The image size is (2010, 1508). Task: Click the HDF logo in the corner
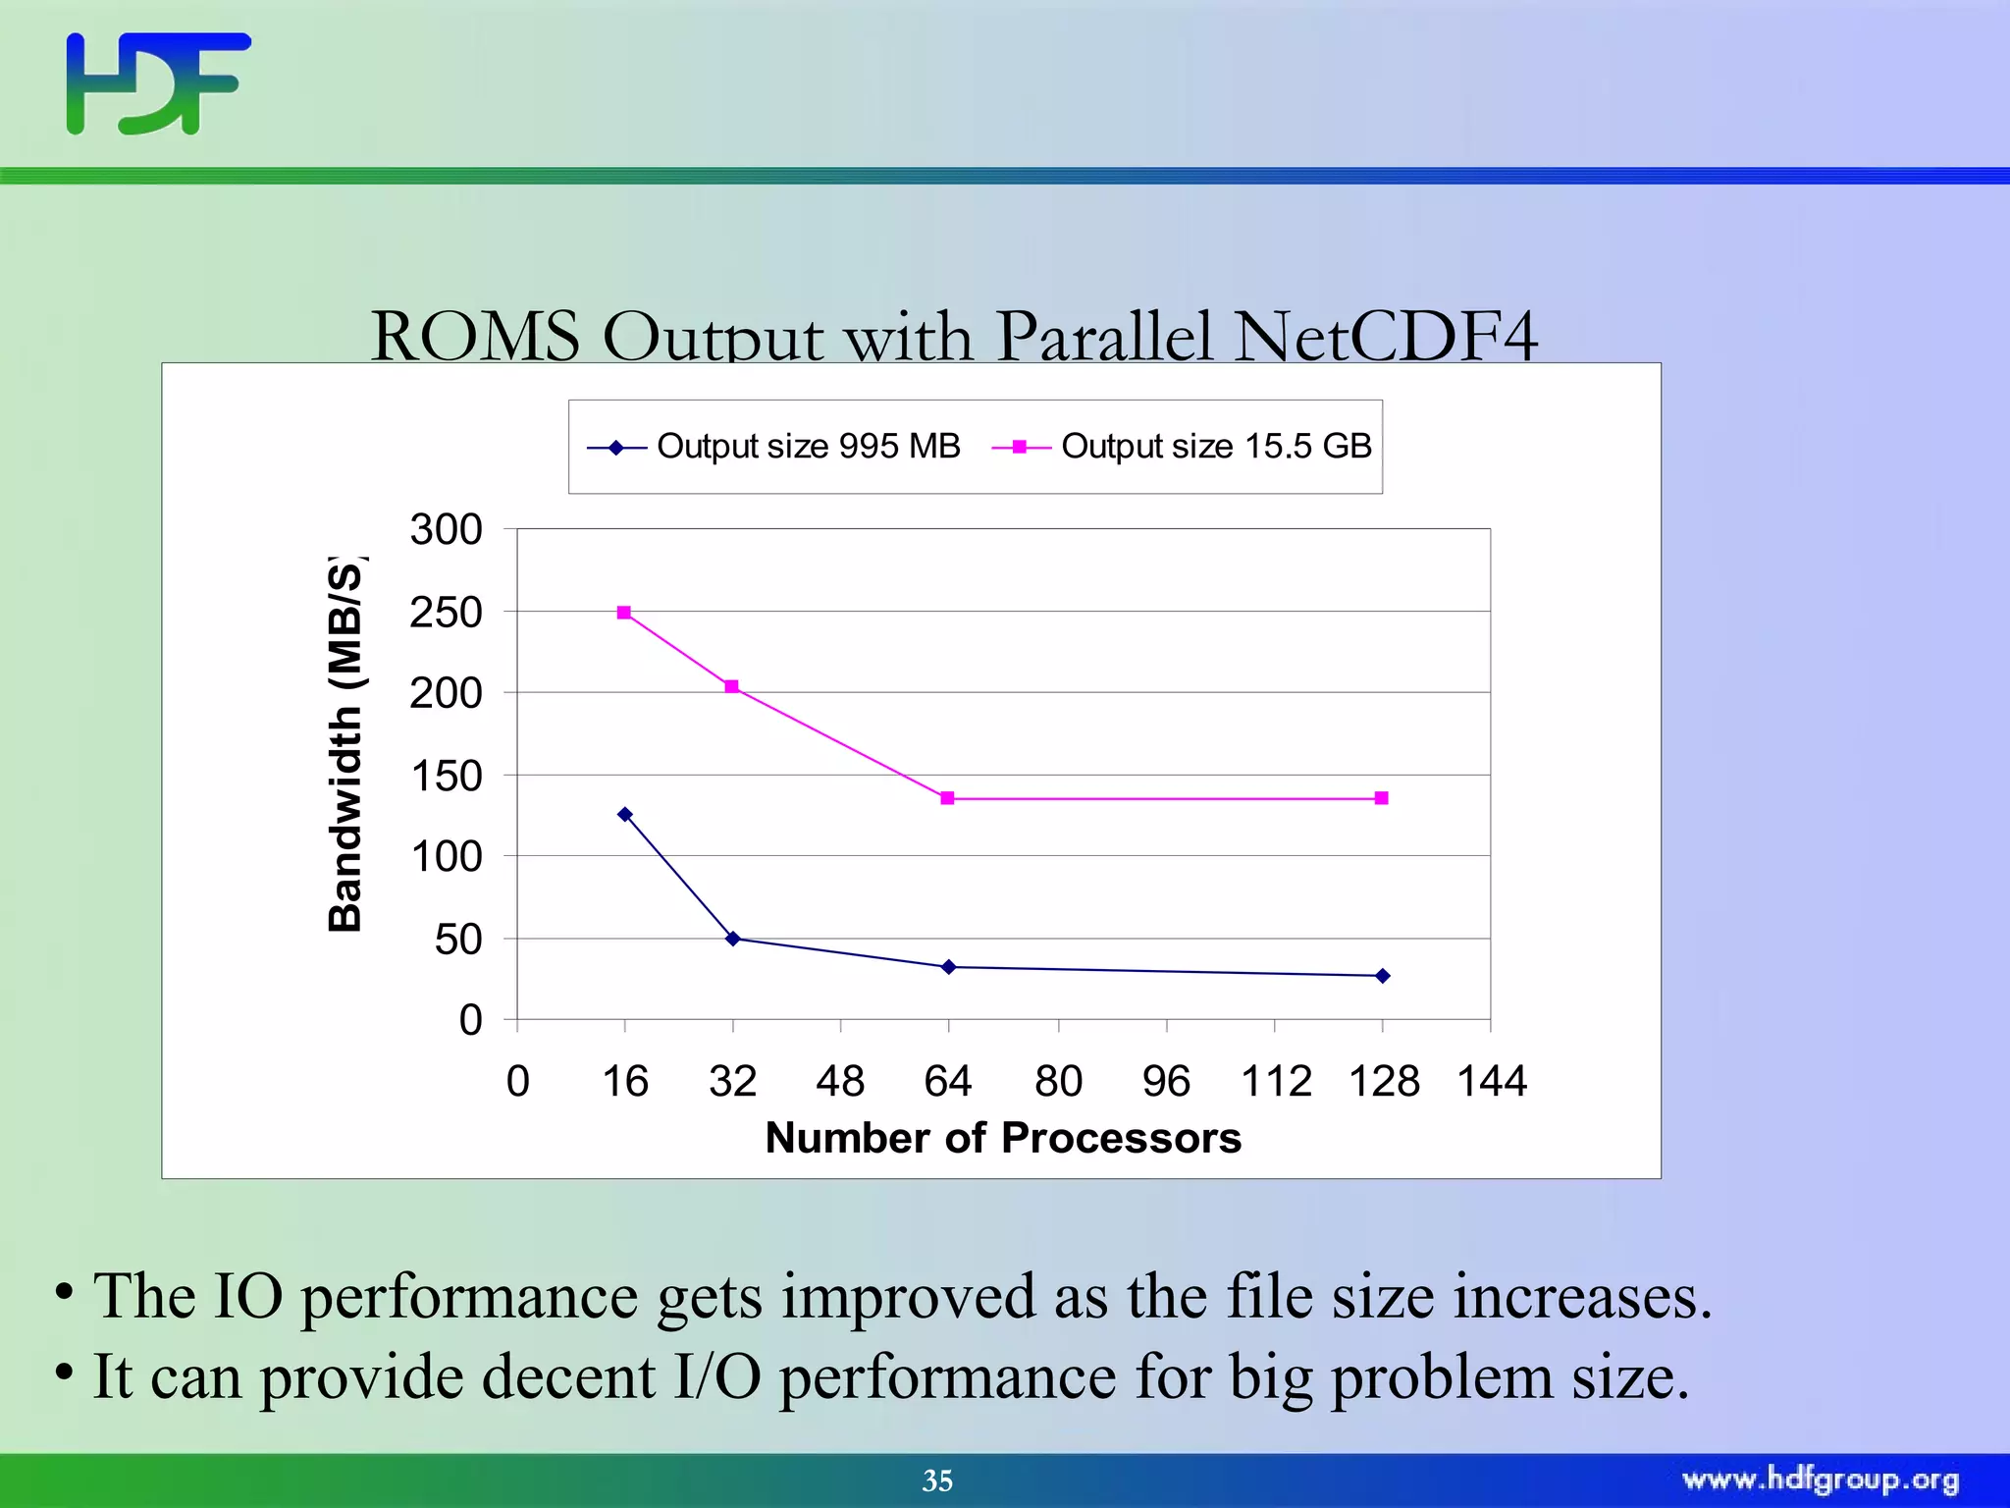tap(157, 83)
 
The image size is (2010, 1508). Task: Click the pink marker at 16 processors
tap(624, 613)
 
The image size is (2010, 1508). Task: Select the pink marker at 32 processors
tap(732, 686)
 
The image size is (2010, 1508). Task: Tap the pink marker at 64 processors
tap(947, 798)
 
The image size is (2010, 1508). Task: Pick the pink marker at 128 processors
tap(1382, 798)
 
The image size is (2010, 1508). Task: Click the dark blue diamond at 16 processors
tap(625, 814)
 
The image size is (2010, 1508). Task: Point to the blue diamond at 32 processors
tap(732, 939)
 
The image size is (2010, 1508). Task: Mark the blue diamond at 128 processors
tap(1382, 976)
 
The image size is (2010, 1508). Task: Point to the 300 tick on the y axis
tap(447, 530)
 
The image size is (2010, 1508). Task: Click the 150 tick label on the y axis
tap(447, 777)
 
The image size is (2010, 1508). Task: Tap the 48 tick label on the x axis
tap(840, 1082)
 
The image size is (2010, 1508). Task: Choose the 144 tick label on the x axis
tap(1491, 1082)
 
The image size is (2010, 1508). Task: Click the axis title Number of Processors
tap(1003, 1138)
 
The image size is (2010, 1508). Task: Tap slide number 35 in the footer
tap(937, 1481)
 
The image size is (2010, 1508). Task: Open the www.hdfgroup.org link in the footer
tap(1821, 1480)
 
